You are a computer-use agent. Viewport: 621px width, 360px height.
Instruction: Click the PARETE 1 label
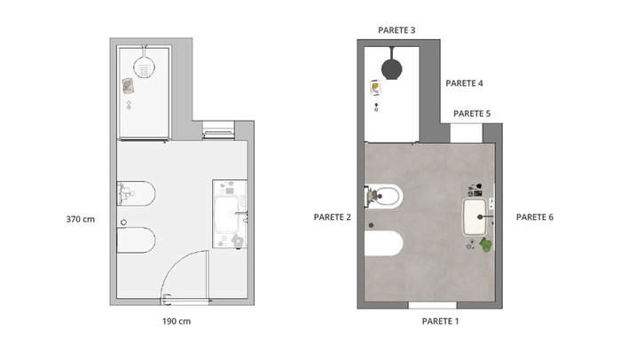pos(440,321)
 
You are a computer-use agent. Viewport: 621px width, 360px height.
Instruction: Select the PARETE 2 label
pos(332,217)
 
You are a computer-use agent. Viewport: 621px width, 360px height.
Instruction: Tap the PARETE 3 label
pos(397,30)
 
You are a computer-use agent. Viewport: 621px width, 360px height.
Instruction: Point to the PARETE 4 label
pos(464,83)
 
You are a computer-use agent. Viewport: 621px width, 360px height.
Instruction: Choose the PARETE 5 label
pos(472,113)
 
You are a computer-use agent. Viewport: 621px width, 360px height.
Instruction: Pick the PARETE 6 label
pos(535,217)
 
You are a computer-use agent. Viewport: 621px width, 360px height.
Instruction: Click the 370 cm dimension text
pos(81,219)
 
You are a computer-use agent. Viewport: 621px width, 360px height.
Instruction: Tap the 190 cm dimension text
pos(177,321)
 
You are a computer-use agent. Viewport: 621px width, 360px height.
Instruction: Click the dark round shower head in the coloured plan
pos(392,68)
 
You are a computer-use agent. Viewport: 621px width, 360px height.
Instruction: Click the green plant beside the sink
pos(486,245)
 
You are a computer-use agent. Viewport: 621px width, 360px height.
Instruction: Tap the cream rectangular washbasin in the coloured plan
pos(475,216)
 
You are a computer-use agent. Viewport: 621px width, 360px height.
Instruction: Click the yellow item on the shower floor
pos(374,87)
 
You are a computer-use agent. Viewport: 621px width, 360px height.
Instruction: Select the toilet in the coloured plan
pos(383,196)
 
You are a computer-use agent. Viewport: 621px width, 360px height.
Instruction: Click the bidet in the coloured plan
pos(383,243)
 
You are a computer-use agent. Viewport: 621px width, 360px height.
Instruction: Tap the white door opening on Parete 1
pos(432,305)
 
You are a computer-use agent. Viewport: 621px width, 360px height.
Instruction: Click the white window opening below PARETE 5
pos(467,133)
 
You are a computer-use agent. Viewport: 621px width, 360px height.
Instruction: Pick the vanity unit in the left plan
pos(230,214)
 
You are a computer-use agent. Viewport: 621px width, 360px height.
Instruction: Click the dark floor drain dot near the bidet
pos(371,225)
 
